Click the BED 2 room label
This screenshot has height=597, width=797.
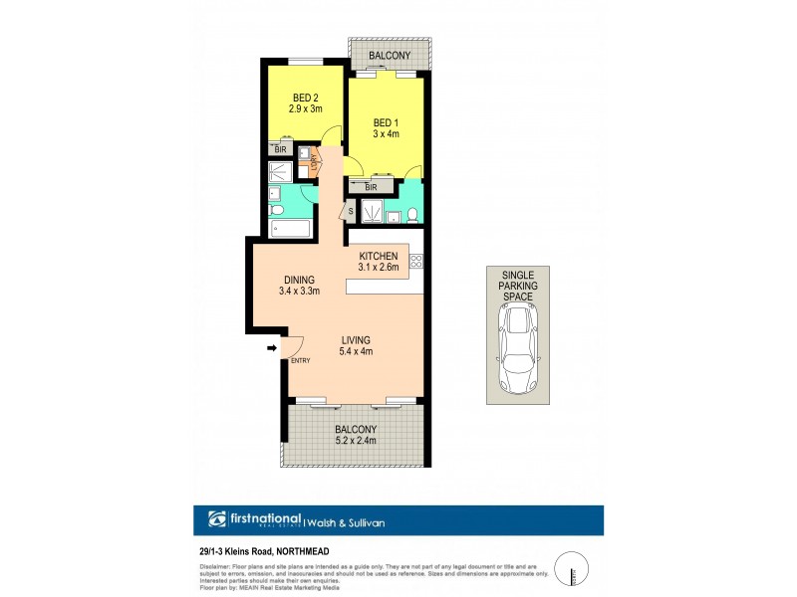305,98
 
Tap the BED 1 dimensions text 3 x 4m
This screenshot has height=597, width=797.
384,134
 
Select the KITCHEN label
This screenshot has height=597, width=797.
379,254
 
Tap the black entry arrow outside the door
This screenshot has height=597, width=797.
272,348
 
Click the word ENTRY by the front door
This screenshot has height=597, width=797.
300,360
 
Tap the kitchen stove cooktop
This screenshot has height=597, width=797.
416,264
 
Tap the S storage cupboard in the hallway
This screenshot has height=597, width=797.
351,211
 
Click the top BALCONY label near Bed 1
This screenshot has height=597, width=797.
389,57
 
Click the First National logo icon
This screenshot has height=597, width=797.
218,518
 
